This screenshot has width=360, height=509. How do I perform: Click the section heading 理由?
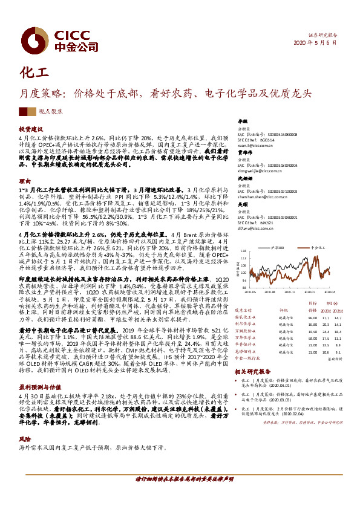(24, 181)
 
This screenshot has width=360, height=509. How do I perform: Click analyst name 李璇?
(242, 122)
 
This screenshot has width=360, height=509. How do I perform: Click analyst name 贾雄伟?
(244, 153)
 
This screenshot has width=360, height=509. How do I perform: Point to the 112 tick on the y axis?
(243, 250)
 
